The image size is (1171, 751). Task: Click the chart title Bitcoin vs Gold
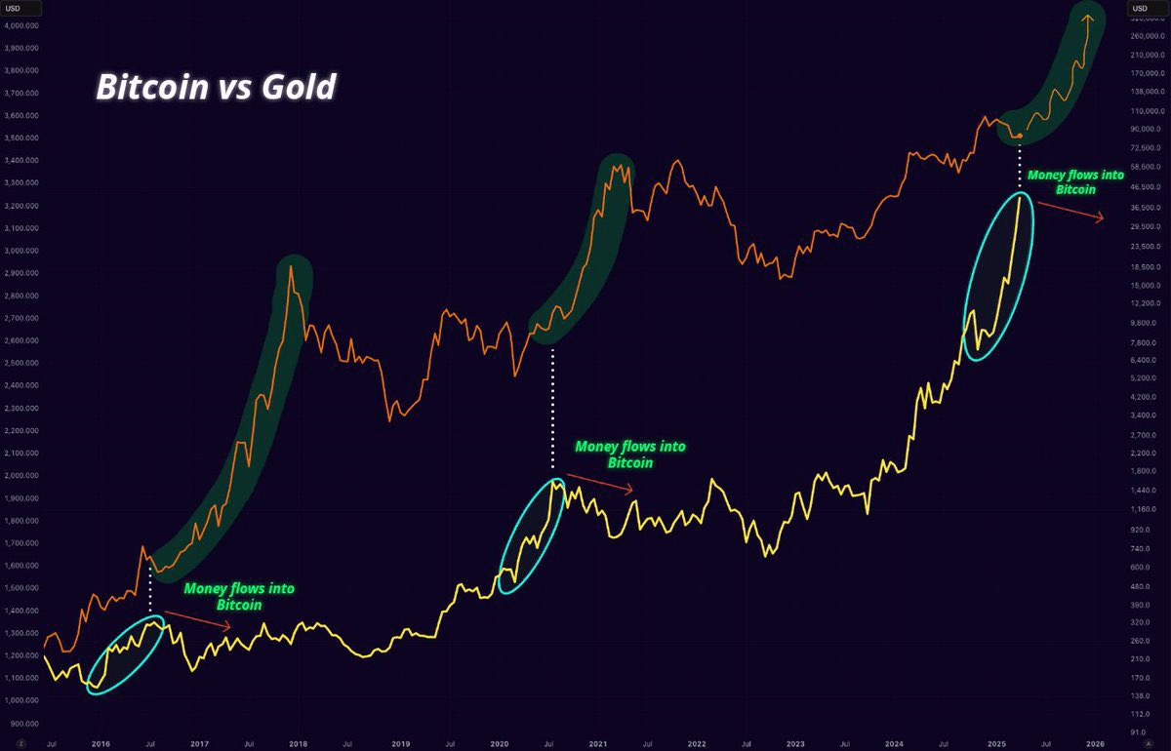tap(216, 88)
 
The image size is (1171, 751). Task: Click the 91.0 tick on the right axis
tap(1138, 731)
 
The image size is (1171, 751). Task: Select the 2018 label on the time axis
tap(301, 743)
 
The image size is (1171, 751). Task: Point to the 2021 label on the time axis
tap(598, 743)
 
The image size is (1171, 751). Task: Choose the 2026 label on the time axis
tap(1096, 743)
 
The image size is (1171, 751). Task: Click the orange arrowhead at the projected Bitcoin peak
tap(1088, 17)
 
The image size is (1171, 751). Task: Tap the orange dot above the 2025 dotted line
tap(1020, 136)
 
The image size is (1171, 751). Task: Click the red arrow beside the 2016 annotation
tap(198, 621)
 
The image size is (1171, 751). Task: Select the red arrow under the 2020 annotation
tap(599, 483)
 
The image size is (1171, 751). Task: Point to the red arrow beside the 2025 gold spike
tap(1070, 212)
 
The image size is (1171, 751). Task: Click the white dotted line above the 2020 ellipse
tap(553, 410)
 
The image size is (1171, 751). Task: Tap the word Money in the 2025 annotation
tap(1045, 176)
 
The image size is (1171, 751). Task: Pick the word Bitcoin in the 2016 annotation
tap(239, 605)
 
